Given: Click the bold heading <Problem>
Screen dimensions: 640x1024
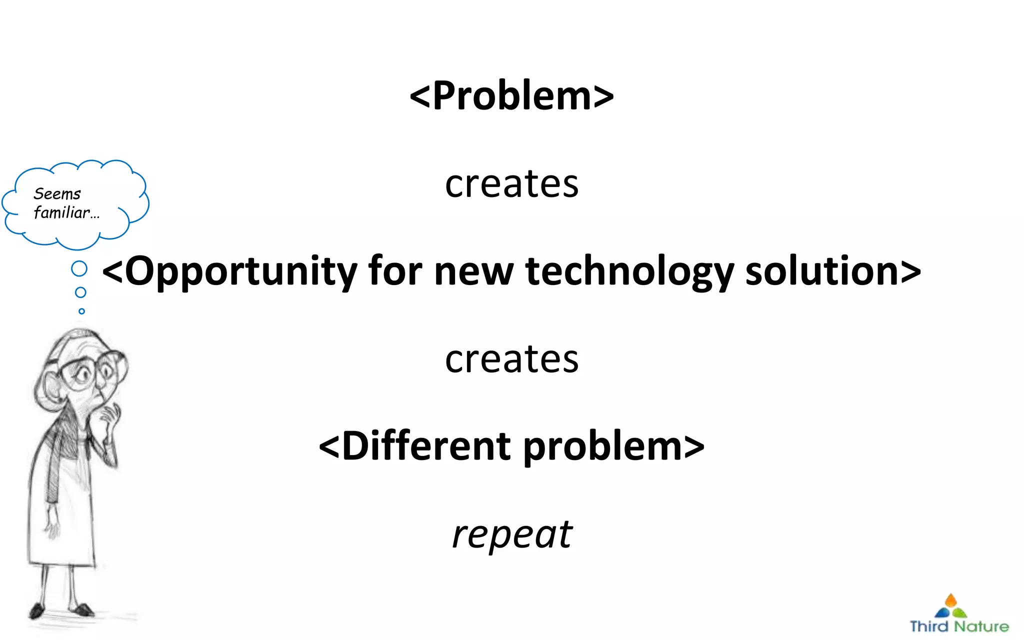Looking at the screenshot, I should pyautogui.click(x=511, y=95).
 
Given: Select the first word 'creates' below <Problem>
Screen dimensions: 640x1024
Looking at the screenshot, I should pyautogui.click(x=511, y=184).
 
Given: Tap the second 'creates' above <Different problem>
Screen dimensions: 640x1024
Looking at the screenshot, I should pyautogui.click(x=511, y=359).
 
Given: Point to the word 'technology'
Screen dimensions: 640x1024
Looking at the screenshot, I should pyautogui.click(x=629, y=271).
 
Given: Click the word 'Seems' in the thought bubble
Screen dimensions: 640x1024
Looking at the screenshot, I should pyautogui.click(x=57, y=194).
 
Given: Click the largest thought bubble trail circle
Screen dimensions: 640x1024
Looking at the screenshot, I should pyautogui.click(x=79, y=268).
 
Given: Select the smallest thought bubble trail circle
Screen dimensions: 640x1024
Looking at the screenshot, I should pyautogui.click(x=81, y=311).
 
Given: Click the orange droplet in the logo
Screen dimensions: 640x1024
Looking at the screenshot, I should pyautogui.click(x=950, y=600).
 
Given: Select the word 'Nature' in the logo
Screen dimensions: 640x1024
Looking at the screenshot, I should pyautogui.click(x=981, y=626).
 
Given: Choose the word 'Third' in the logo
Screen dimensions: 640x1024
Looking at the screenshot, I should pyautogui.click(x=929, y=626).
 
